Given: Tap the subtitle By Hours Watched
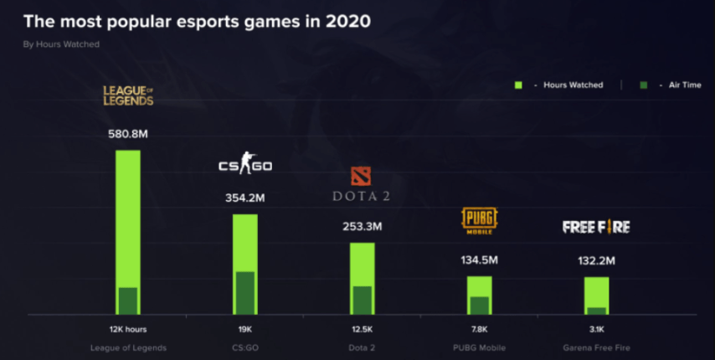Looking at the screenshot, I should point(61,44).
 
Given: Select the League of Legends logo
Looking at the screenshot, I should point(127,94).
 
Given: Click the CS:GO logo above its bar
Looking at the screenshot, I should point(244,166).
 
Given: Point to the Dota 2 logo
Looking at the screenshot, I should point(362,185).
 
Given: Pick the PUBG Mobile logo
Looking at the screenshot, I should point(479,219).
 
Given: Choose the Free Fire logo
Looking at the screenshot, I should point(596,227).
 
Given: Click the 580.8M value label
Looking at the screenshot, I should point(127,133).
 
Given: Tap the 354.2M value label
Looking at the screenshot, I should point(244,198).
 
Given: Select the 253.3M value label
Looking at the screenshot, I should point(362,226).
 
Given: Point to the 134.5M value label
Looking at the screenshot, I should point(479,260).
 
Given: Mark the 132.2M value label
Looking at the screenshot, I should point(596,260).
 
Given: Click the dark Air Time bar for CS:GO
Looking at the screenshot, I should point(244,293).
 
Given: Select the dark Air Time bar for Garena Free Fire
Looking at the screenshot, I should point(596,311).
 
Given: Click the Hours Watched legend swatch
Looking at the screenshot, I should point(519,85).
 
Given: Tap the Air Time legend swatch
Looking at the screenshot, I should point(643,85).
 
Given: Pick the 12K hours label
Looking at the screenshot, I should point(127,329).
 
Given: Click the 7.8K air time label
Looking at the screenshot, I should point(479,329).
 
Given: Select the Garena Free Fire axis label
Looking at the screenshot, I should point(596,347).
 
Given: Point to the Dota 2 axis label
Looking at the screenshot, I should point(362,347).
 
